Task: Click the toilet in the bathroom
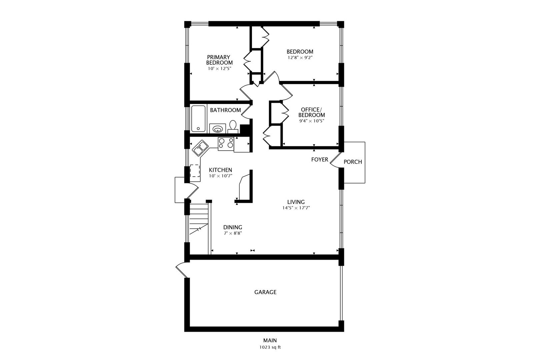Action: point(233,127)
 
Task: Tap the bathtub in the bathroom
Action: point(198,119)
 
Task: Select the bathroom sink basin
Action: point(217,129)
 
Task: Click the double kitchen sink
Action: point(200,148)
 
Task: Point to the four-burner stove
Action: point(226,144)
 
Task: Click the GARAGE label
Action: point(265,292)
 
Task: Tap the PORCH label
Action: point(353,162)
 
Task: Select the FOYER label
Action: point(320,159)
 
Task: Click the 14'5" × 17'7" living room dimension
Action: point(296,208)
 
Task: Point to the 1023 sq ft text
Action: point(270,347)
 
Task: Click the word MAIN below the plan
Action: point(270,340)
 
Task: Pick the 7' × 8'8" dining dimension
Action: point(233,233)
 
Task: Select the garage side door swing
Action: point(181,270)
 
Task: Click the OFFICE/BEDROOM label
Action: point(311,112)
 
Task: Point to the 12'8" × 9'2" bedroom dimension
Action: point(300,58)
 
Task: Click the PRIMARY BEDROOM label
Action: point(219,60)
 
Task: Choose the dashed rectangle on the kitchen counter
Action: point(195,171)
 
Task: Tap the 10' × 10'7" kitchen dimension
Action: point(220,176)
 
